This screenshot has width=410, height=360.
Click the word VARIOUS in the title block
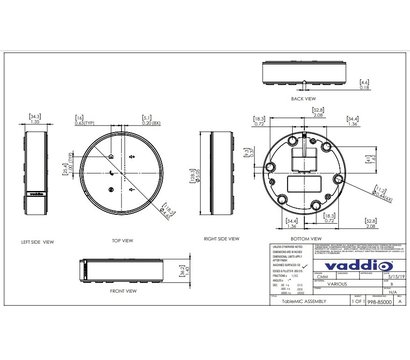click(311, 282)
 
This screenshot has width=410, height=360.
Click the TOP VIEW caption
click(122, 241)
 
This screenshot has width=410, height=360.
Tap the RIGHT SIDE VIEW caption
click(220, 239)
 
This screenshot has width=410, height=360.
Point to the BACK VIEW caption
click(302, 99)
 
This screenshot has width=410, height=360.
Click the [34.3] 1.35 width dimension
click(36, 118)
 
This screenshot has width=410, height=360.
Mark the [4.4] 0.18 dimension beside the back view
click(365, 84)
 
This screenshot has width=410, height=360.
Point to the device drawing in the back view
click(303, 77)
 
